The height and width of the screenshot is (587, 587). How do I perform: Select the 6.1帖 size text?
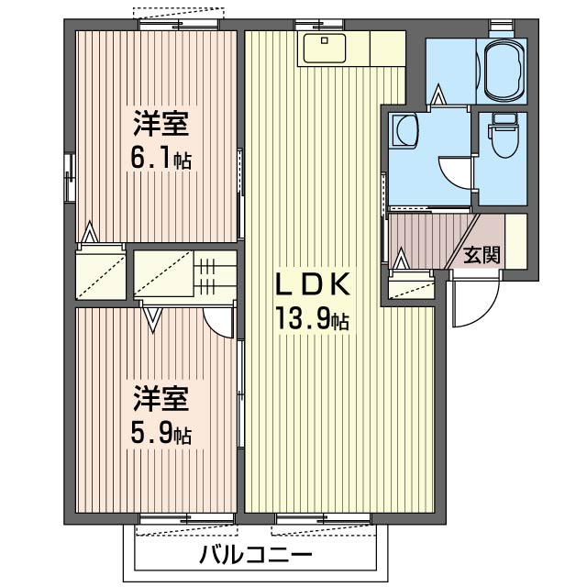[161, 159]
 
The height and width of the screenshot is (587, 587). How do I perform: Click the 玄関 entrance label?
[481, 255]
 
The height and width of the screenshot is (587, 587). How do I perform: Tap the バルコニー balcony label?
[256, 556]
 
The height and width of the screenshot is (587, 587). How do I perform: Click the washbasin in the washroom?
[404, 130]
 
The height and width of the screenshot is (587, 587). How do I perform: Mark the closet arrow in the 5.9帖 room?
[153, 319]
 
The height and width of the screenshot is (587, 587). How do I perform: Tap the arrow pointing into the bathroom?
[439, 94]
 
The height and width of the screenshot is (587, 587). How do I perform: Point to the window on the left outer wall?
[69, 177]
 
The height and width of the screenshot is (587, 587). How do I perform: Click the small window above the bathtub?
[502, 24]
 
